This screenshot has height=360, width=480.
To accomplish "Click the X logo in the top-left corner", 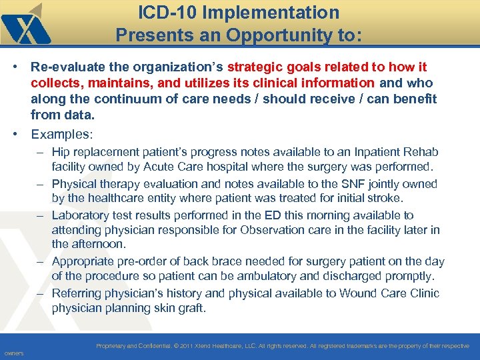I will [x=25, y=25].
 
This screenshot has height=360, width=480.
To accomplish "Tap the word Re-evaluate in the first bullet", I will [x=66, y=67].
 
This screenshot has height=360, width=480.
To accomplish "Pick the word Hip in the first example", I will [x=61, y=153].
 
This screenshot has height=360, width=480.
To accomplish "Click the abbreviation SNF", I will [x=349, y=183].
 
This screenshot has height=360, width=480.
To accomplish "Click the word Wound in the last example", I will [x=357, y=293].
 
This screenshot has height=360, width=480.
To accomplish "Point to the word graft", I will [x=191, y=308].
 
